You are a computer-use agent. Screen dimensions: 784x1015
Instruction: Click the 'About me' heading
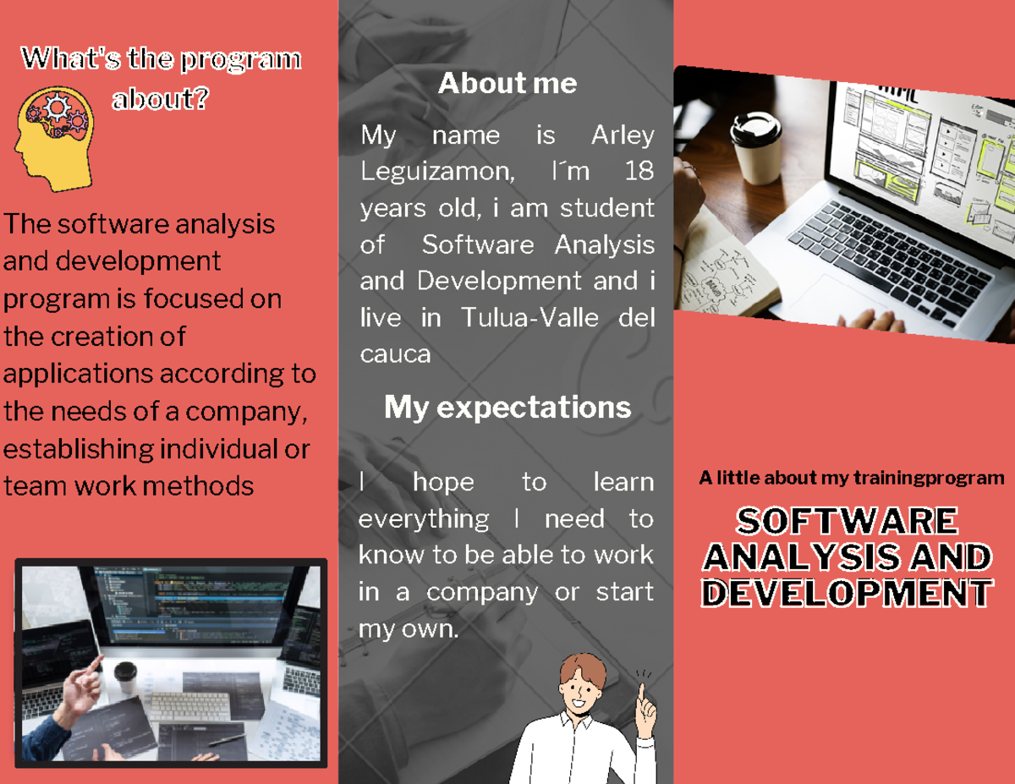(x=507, y=83)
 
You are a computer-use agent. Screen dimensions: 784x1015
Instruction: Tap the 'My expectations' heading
(x=507, y=407)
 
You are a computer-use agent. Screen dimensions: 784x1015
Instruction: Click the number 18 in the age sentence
(x=639, y=172)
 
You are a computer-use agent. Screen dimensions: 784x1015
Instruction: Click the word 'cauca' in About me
(x=395, y=354)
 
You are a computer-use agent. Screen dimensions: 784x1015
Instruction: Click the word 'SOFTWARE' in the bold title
(x=847, y=521)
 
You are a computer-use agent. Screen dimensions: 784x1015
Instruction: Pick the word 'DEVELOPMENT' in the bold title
(x=847, y=593)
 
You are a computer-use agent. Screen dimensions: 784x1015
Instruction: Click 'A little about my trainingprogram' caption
(x=851, y=479)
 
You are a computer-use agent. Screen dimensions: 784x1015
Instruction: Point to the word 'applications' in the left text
(x=79, y=373)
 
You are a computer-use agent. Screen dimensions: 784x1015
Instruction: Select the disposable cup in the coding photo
(x=125, y=676)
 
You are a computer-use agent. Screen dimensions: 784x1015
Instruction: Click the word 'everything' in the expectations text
(x=423, y=518)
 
